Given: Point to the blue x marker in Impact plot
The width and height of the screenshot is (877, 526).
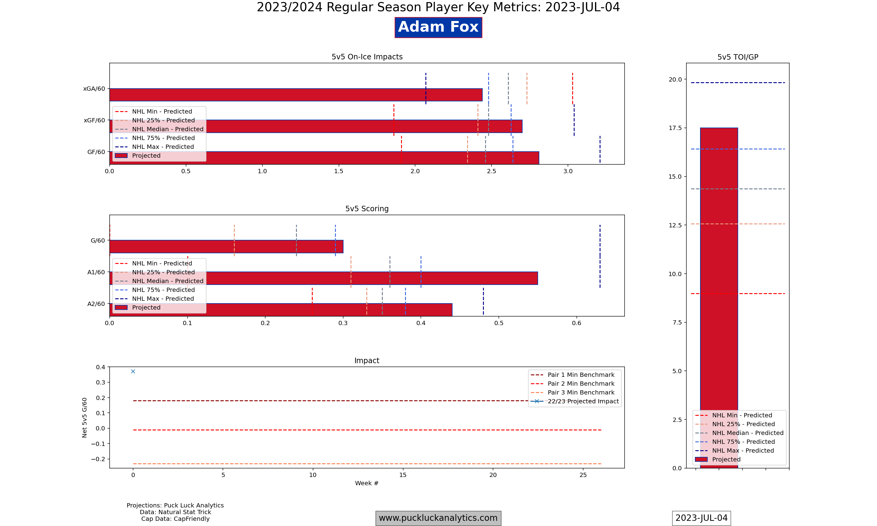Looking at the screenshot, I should [133, 371].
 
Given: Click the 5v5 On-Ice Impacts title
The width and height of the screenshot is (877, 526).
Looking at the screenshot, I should [367, 57].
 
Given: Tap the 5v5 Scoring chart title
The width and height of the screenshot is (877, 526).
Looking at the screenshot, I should [367, 209].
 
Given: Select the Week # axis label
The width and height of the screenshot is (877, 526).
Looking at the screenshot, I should [367, 483].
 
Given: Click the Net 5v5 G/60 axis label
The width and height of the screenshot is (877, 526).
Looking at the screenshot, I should [84, 418].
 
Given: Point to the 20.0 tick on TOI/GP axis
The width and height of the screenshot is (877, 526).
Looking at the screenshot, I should [675, 79].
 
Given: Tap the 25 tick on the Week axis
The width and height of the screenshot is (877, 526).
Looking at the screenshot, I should [583, 475].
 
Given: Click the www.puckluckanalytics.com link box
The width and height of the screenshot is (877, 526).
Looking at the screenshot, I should [438, 518].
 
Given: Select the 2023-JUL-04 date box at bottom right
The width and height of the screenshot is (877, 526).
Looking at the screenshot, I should [701, 518].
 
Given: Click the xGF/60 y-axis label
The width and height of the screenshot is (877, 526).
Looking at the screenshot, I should [94, 120].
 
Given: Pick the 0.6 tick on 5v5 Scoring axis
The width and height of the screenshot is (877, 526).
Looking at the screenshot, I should [576, 323].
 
